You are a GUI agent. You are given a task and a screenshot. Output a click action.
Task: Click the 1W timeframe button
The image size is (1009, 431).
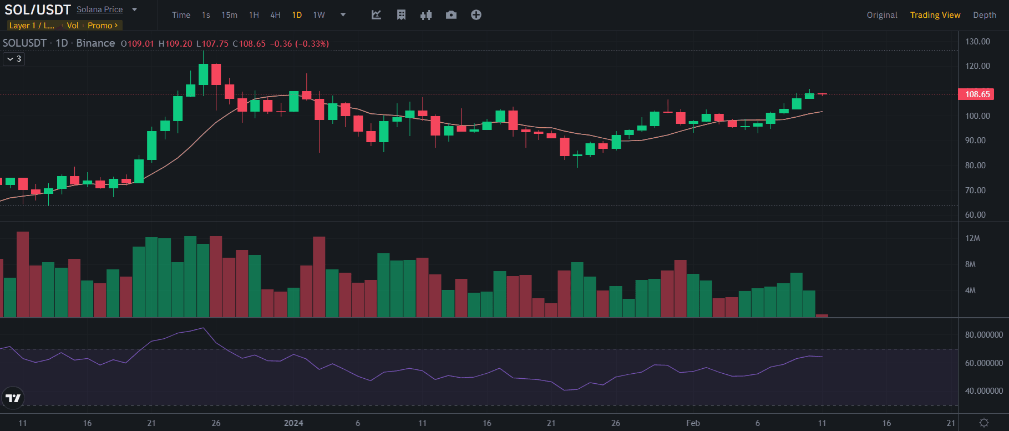tap(319, 15)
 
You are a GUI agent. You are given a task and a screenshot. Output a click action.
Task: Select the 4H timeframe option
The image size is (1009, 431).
tap(275, 15)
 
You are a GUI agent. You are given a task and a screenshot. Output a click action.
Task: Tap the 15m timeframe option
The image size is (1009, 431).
tap(229, 15)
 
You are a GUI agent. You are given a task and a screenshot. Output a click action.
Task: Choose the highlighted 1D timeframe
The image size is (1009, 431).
tap(297, 15)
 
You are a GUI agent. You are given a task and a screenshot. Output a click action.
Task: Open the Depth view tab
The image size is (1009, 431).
tap(985, 15)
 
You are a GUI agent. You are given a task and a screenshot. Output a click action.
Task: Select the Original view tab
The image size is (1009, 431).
tap(882, 15)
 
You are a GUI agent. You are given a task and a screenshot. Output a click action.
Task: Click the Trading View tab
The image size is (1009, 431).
tap(935, 15)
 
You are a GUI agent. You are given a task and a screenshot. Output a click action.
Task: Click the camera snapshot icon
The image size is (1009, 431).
tap(451, 15)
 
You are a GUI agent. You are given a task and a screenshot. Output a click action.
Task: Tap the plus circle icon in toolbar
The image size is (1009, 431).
tap(476, 15)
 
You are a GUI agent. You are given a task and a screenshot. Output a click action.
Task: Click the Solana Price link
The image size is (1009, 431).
tap(100, 9)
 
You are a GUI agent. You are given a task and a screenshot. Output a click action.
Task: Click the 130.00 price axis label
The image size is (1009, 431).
tap(977, 42)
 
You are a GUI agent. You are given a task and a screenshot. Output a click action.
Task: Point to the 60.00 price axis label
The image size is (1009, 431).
tap(975, 215)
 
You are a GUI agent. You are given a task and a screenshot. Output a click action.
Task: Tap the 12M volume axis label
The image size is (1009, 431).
tap(972, 238)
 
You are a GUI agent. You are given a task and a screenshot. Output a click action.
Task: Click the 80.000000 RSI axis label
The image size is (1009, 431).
tap(983, 335)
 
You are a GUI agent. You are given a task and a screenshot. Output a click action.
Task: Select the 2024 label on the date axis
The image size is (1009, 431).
tap(293, 423)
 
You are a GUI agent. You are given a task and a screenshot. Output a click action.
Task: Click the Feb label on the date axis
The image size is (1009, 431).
tap(693, 423)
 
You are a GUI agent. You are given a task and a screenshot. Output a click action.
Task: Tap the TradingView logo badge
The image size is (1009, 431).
tap(13, 398)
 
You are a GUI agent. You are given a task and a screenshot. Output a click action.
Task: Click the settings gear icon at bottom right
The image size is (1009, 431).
tap(984, 423)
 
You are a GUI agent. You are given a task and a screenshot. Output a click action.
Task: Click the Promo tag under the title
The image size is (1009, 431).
tap(102, 26)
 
